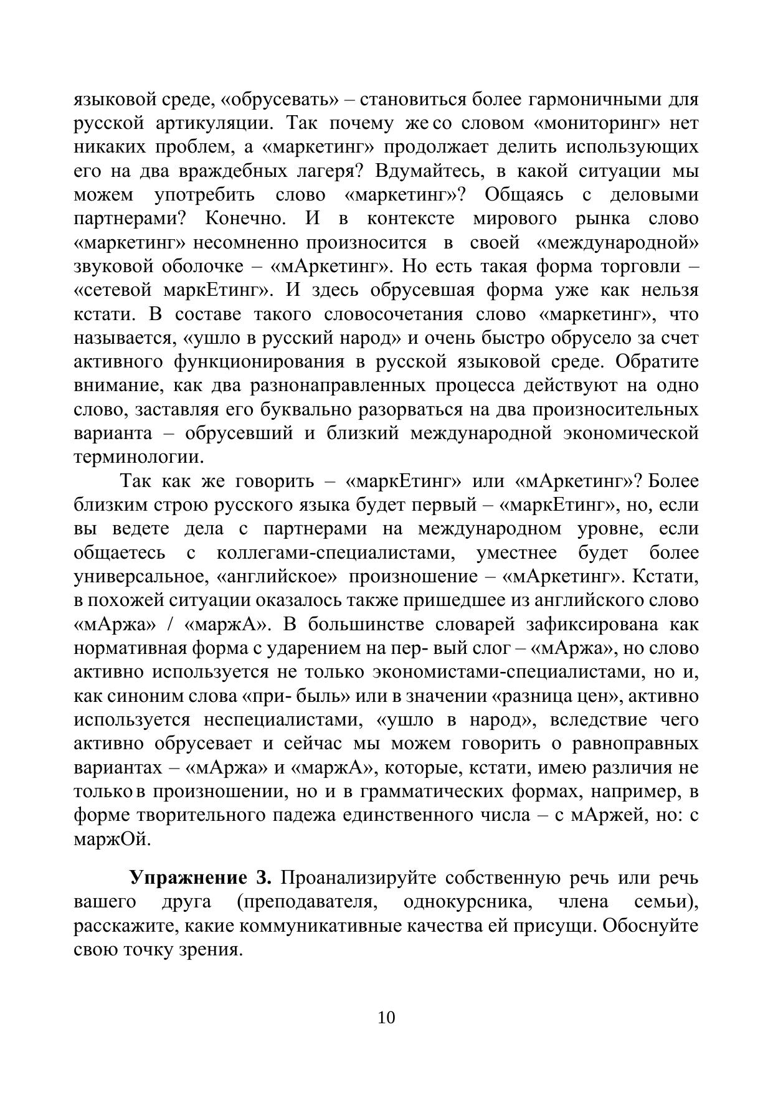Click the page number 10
coord(386,1018)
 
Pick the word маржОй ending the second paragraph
coord(112,839)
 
